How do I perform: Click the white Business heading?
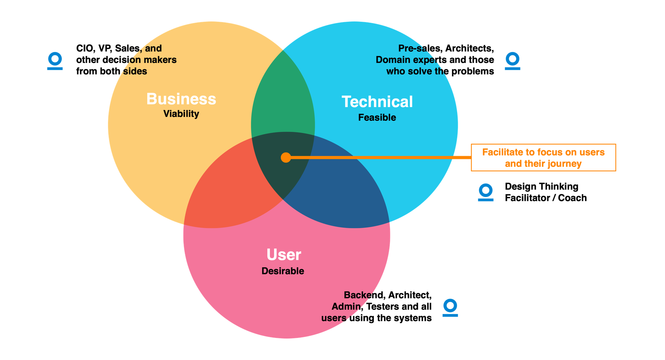coord(181,99)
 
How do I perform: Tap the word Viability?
coord(181,114)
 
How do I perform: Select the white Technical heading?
coord(377,102)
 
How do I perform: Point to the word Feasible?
coord(377,118)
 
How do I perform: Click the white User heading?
coord(284,255)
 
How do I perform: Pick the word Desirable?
coord(283,271)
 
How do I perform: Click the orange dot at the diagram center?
coord(286,157)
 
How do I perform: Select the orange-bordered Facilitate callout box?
coord(543,157)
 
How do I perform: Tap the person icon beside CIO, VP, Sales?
coord(55,61)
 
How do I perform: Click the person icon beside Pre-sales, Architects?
coord(512,61)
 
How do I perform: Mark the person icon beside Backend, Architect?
coord(450,307)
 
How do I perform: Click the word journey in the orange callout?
coord(564,164)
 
